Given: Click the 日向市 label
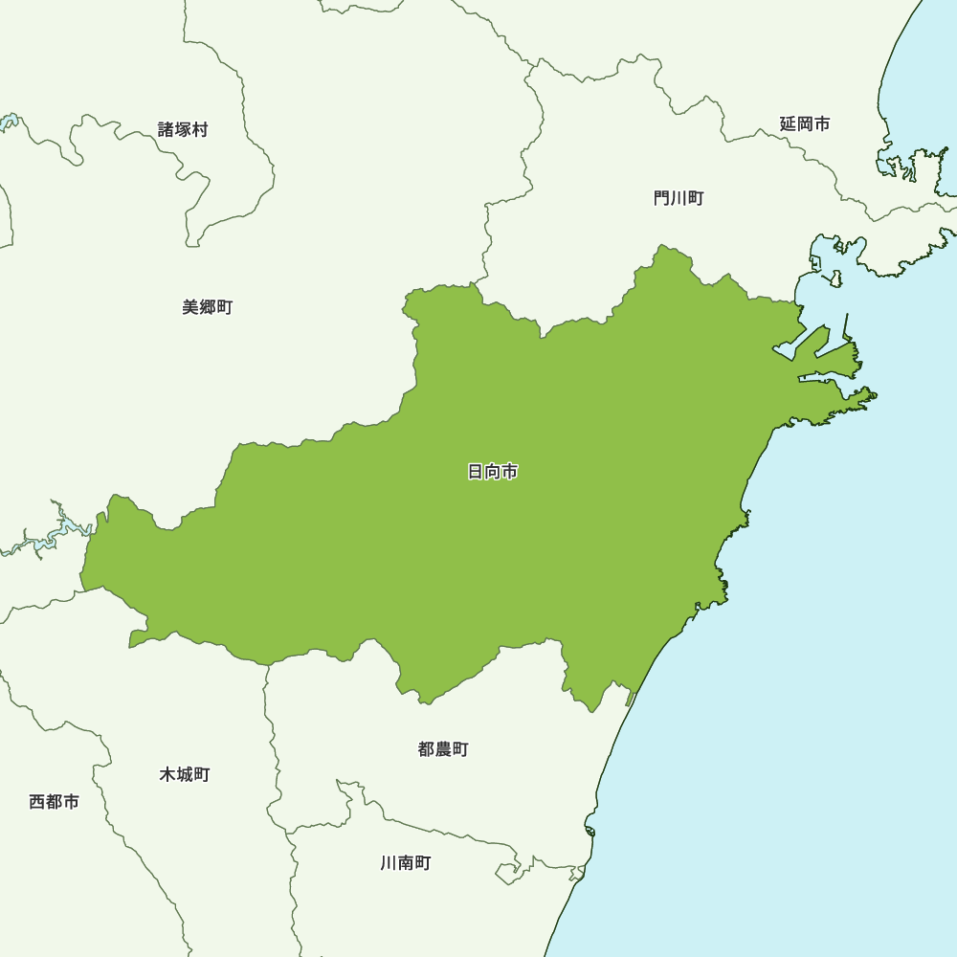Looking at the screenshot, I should [x=493, y=472].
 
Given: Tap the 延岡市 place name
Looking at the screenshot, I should [x=805, y=123].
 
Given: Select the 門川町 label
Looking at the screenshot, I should [x=679, y=198].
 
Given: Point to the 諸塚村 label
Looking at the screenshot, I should [x=183, y=129].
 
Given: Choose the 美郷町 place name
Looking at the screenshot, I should [x=208, y=307].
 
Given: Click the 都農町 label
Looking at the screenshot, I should [x=443, y=749].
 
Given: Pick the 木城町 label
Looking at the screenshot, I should [x=185, y=774].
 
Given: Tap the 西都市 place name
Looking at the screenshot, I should [x=55, y=802].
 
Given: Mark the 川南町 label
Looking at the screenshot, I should [x=406, y=863].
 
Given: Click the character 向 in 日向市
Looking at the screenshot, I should [x=493, y=472].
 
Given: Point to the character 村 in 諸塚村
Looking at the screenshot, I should [x=200, y=129].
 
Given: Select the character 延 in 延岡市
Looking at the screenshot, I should [x=788, y=123].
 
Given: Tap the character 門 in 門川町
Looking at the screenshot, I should [x=661, y=198].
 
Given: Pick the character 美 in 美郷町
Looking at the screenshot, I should [x=190, y=307].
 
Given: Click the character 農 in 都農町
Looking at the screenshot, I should [x=443, y=749].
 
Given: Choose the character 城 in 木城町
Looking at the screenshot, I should [x=185, y=774].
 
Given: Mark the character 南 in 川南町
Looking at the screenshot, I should [x=406, y=863].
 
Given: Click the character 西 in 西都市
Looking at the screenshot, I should [x=37, y=802].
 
